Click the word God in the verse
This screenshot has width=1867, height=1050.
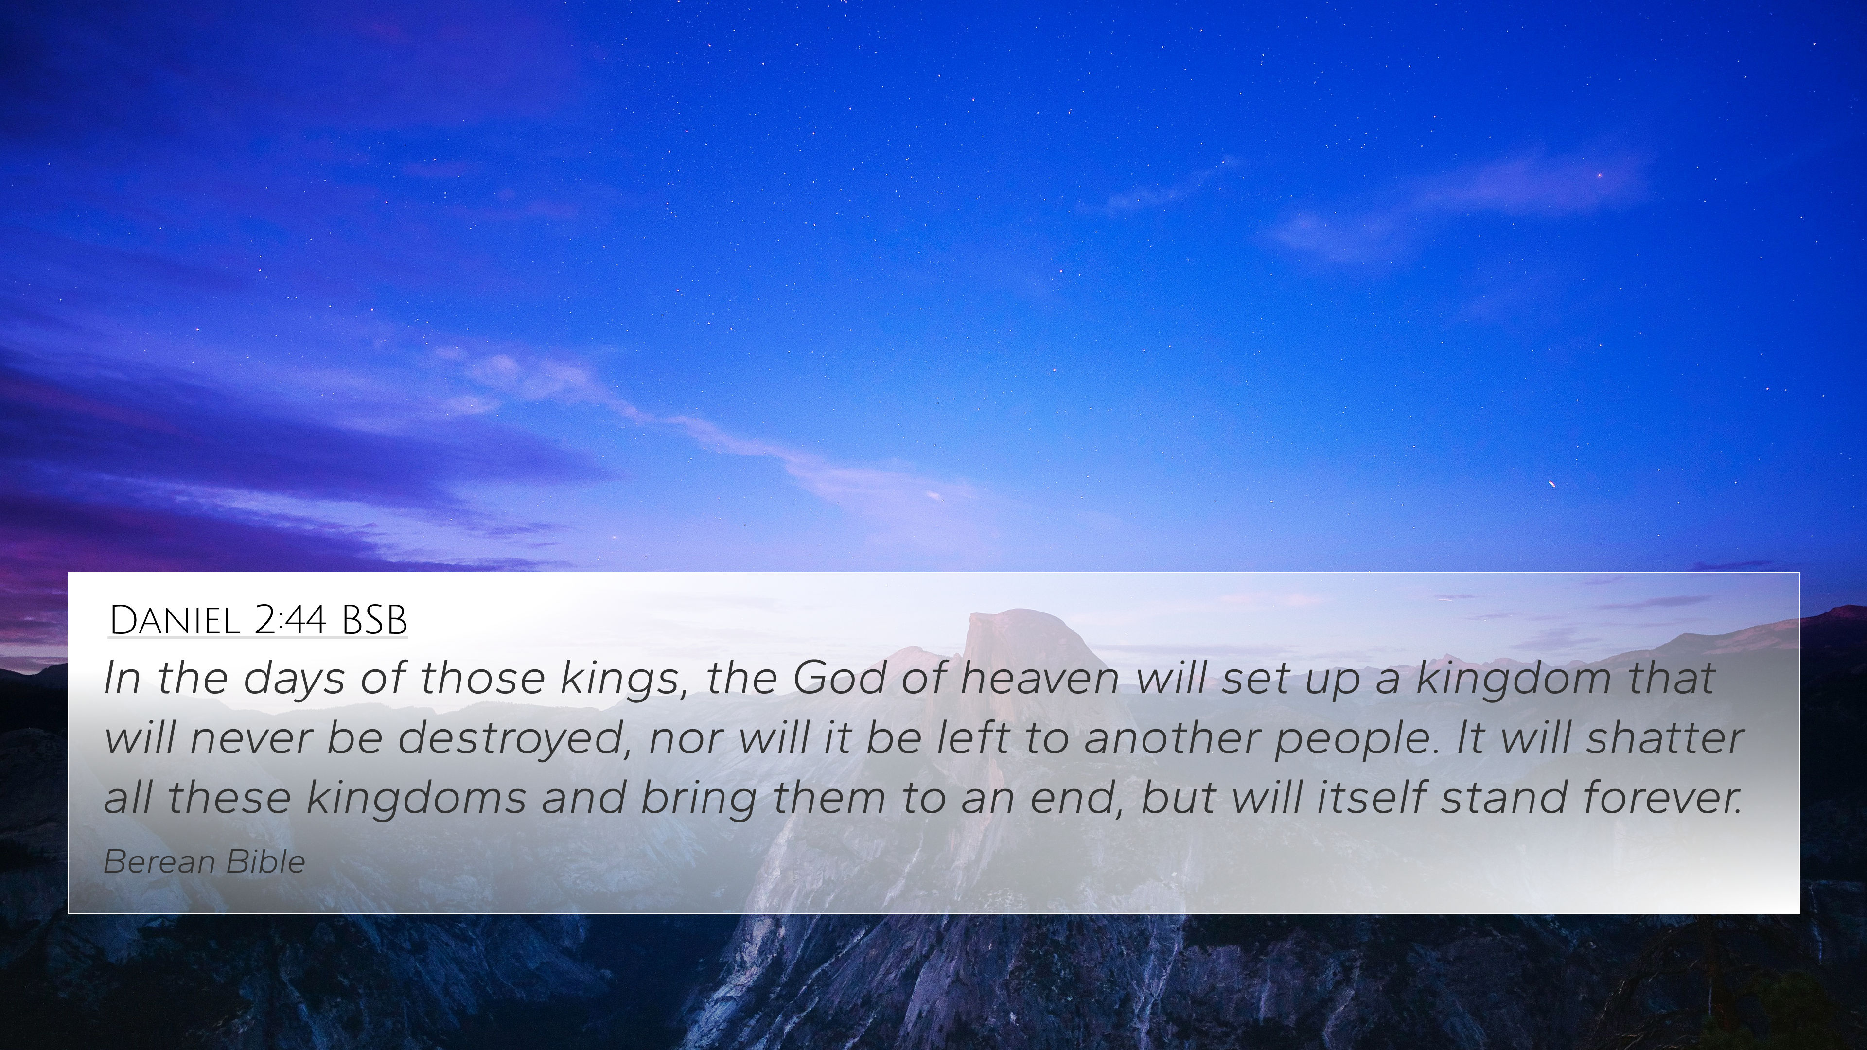click(x=839, y=678)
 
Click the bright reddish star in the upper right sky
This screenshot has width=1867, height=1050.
click(x=1600, y=175)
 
